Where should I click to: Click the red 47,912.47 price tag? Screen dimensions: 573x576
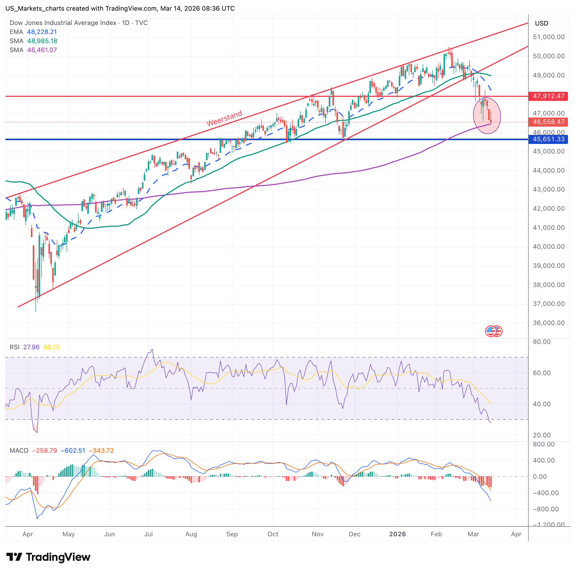[548, 96]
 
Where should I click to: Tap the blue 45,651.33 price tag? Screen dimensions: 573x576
[548, 139]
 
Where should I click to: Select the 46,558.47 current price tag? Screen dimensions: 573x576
[548, 122]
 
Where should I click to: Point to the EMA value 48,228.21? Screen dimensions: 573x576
[42, 32]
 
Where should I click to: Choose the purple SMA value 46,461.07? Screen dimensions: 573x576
[42, 50]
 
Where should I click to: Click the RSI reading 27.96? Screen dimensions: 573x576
[31, 347]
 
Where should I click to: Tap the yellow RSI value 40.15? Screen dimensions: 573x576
[52, 347]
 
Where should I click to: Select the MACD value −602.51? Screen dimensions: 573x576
[73, 451]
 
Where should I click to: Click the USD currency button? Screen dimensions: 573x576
[541, 23]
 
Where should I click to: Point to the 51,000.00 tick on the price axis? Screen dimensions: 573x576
[549, 37]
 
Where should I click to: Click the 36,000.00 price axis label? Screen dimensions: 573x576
[549, 323]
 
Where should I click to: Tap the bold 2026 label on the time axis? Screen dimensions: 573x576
[397, 534]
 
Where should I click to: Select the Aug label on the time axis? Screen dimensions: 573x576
[191, 534]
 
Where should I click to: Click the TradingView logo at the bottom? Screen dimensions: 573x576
[48, 557]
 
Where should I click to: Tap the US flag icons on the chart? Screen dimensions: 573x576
[493, 331]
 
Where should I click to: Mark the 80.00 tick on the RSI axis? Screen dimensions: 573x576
[542, 342]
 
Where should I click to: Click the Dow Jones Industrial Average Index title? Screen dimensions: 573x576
[63, 23]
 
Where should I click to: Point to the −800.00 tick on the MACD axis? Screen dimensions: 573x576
[546, 509]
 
